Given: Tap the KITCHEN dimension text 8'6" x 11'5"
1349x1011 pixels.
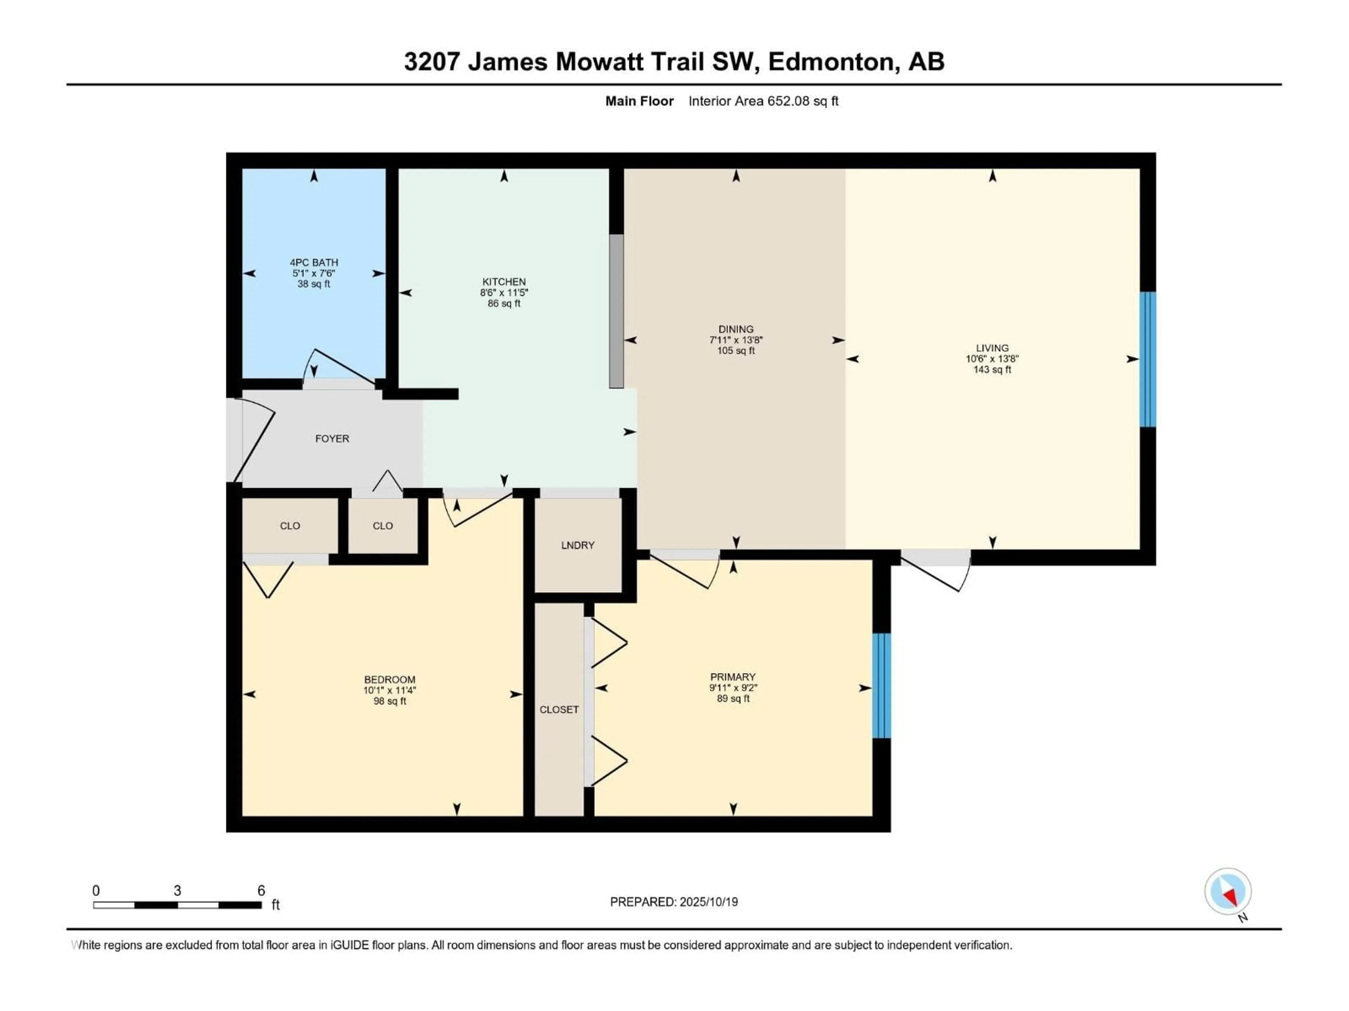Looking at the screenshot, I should [504, 292].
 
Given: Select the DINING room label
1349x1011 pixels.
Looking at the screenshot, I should [736, 329].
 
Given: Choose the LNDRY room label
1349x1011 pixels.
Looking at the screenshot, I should [578, 546].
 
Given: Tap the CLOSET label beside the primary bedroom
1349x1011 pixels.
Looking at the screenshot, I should [559, 710].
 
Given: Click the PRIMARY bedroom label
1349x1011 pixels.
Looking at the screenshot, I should [732, 677].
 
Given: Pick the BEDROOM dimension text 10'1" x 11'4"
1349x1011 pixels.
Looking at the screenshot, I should [390, 690].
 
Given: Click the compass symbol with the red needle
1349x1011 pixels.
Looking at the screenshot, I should [1228, 892].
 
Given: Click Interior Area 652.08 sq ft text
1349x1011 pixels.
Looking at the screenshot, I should [763, 101].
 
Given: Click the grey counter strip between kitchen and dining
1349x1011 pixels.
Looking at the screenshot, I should [617, 311].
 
